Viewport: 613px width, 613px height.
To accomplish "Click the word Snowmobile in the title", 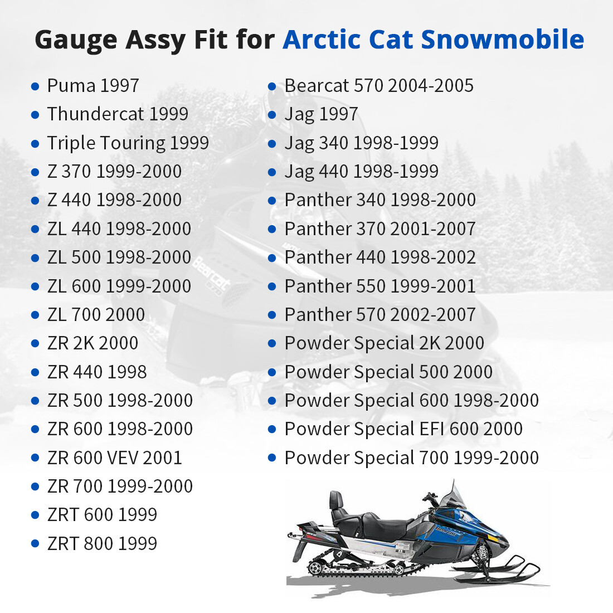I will point(502,40).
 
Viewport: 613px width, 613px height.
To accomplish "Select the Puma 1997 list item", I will point(93,86).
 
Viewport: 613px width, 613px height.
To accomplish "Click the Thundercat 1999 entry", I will point(118,114).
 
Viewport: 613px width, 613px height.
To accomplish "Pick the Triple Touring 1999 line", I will point(128,143).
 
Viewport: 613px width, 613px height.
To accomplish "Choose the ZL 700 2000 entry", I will point(96,315).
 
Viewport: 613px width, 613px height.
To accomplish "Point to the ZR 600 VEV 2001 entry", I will point(114,458).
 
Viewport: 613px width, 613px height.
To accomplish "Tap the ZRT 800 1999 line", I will point(102,544).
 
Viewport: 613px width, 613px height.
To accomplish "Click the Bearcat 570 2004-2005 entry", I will point(379,86).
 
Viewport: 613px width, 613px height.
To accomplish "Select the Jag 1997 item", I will point(321,114).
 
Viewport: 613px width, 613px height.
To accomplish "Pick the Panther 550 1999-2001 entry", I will point(380,286).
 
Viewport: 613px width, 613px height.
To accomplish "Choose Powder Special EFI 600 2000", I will point(403,429).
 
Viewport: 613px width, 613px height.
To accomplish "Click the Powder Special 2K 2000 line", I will point(385,343).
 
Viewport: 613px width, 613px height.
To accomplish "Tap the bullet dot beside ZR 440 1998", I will point(35,372).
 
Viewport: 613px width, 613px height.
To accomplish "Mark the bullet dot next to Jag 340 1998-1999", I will point(272,144).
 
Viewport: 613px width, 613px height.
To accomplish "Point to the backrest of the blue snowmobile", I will point(336,500).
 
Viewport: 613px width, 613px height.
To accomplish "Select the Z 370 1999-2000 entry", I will point(114,172).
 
